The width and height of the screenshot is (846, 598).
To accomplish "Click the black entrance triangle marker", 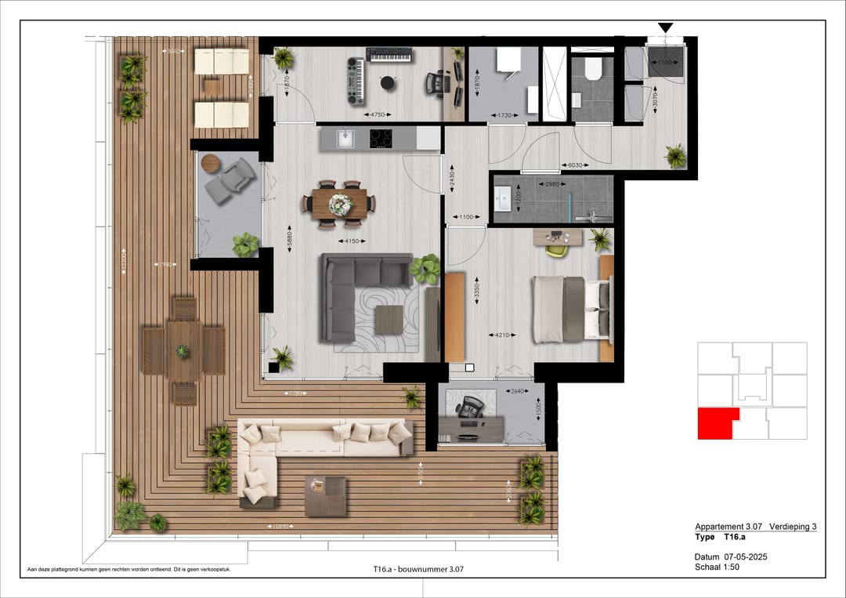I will tap(665, 28).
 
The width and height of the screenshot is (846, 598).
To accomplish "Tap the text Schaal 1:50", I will tap(717, 567).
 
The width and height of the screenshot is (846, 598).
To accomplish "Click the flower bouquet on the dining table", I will tap(340, 205).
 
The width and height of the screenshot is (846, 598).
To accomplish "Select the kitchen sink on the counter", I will tap(343, 139).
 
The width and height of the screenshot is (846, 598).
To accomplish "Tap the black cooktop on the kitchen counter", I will tap(381, 139).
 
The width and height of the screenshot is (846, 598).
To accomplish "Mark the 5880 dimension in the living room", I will tap(288, 237).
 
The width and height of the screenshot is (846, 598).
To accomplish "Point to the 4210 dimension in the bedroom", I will tap(502, 335).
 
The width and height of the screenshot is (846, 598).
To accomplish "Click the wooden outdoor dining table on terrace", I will tap(183, 350).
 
